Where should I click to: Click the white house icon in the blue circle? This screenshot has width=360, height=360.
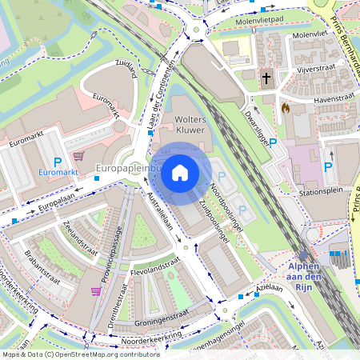click(180, 173)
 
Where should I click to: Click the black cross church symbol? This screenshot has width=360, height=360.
click(266, 78)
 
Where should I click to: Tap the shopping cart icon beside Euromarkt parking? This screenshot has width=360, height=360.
click(78, 157)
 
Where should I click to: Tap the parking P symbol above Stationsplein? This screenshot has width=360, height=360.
click(328, 167)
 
